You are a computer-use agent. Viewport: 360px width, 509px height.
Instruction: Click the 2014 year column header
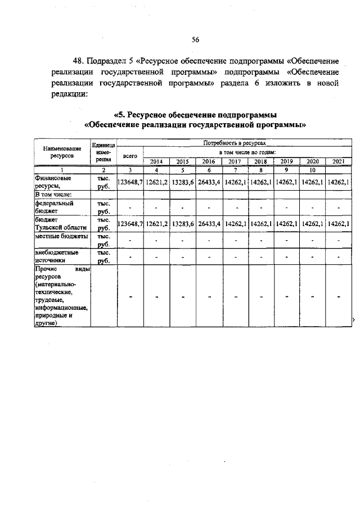click(x=156, y=161)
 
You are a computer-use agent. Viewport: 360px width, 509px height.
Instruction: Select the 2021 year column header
click(x=338, y=161)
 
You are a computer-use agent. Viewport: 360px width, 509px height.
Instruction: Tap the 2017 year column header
click(x=235, y=161)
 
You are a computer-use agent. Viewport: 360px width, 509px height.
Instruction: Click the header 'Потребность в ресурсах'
click(x=234, y=145)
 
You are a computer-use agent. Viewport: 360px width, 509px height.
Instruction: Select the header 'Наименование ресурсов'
click(x=62, y=152)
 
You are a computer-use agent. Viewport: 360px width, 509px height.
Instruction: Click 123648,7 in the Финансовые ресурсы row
click(x=130, y=182)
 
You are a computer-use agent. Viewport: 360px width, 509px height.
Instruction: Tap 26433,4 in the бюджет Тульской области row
click(x=209, y=223)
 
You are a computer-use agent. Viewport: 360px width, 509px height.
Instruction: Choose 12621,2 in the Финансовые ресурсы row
click(x=156, y=182)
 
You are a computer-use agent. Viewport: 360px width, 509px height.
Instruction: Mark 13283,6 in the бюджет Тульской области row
click(x=183, y=223)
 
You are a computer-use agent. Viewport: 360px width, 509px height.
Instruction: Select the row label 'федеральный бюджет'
click(x=54, y=208)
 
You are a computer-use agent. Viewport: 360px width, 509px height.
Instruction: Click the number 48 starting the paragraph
click(x=79, y=61)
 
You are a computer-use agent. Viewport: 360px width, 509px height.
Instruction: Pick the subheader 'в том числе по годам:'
click(x=247, y=153)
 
